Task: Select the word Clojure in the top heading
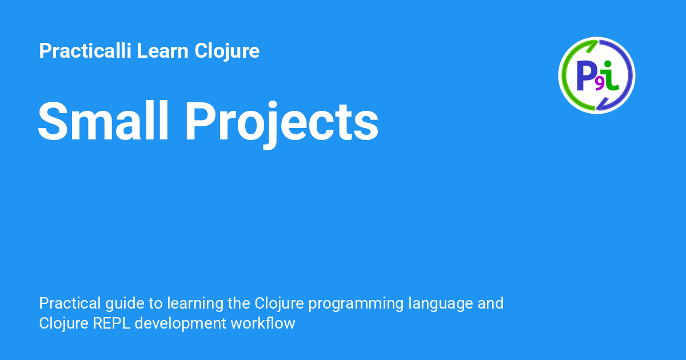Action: point(227,51)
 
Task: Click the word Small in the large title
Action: point(104,122)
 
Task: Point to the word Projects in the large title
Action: point(281,122)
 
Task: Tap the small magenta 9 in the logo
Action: point(599,84)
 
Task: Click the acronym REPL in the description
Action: point(107,323)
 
